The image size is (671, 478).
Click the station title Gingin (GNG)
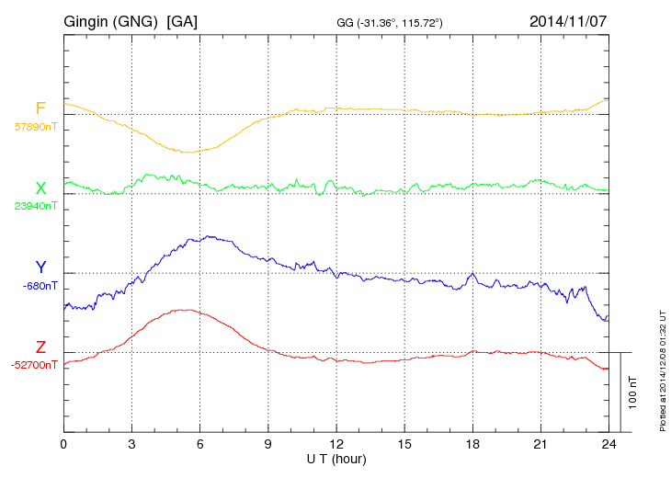[110, 20]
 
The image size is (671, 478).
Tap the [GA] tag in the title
[182, 20]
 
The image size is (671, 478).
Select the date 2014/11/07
[568, 20]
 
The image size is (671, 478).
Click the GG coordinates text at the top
[391, 22]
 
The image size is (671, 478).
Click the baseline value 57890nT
[35, 127]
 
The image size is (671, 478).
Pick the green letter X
[40, 188]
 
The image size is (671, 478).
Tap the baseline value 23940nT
[35, 206]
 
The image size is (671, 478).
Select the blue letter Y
[40, 267]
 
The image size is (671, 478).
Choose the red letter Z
[40, 347]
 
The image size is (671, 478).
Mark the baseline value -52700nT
[35, 365]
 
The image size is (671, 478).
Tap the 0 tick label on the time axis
[63, 443]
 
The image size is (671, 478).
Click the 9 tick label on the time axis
[267, 443]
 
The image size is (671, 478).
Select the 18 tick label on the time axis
[472, 443]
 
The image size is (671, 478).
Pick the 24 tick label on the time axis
[608, 443]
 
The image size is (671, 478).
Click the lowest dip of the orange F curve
[188, 153]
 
